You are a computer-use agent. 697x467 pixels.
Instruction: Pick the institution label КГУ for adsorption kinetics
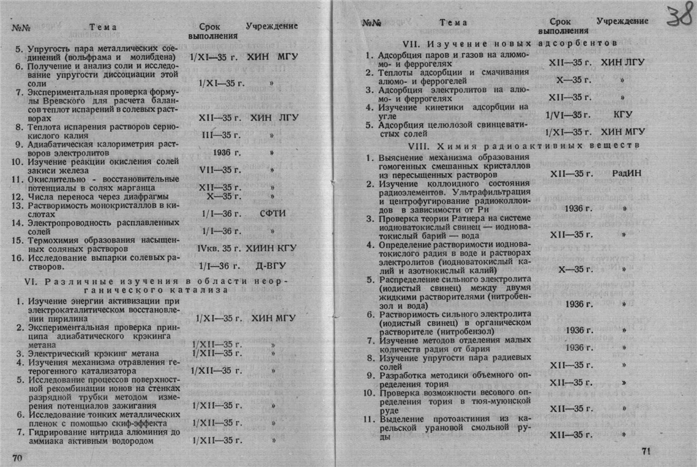pos(622,114)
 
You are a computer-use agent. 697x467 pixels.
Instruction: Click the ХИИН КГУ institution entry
pos(271,248)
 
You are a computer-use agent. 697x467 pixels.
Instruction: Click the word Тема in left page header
pos(102,27)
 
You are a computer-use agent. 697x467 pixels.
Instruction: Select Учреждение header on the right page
pos(622,21)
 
